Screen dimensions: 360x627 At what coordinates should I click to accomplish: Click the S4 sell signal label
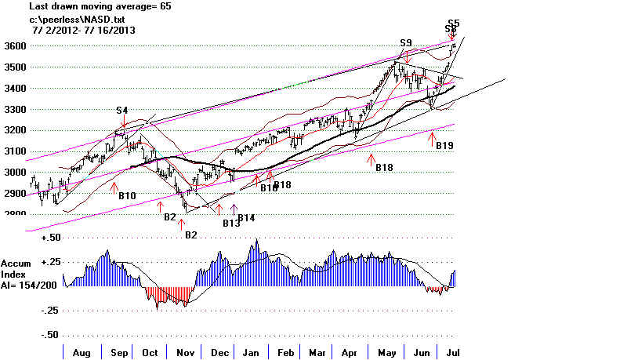(x=123, y=111)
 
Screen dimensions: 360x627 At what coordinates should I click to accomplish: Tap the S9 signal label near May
(x=405, y=42)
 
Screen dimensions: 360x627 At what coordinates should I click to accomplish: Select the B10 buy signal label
(x=128, y=195)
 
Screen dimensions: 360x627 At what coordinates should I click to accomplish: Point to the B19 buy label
(x=445, y=146)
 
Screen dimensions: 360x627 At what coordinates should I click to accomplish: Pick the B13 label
(x=231, y=224)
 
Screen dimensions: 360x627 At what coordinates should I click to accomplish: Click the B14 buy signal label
(x=247, y=217)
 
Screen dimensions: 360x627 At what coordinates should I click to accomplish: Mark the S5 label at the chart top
(x=454, y=23)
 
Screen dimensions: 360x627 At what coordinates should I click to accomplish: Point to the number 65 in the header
(x=165, y=6)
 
